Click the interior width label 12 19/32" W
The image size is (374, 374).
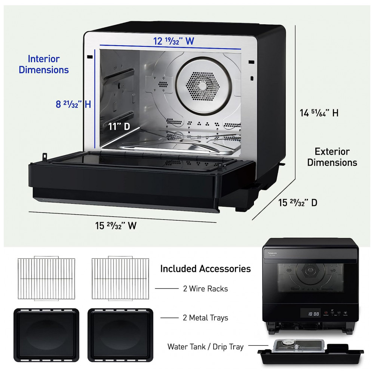(174, 41)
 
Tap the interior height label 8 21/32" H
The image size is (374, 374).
(73, 104)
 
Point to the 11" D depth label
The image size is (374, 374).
(119, 126)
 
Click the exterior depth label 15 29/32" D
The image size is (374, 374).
(298, 203)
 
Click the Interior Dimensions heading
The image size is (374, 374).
(44, 64)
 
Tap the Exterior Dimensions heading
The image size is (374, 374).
(332, 157)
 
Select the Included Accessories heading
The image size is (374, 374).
(205, 269)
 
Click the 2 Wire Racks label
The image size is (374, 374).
(205, 289)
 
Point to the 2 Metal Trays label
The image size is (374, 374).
(205, 318)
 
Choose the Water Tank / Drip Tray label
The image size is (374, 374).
(205, 347)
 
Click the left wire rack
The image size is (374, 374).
(46, 278)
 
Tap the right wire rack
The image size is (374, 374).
(120, 278)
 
